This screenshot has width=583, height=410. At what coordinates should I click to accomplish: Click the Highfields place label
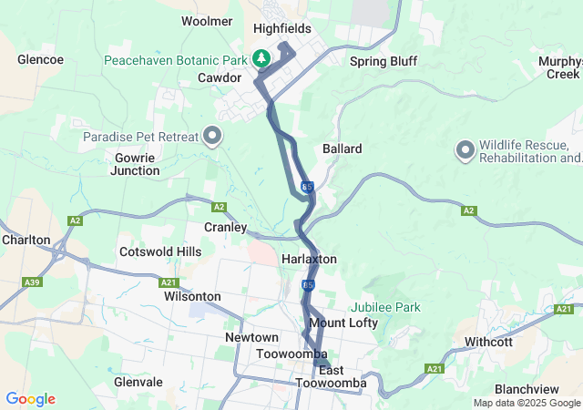[x=281, y=29]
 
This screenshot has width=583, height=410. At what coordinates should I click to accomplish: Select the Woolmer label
[x=208, y=20]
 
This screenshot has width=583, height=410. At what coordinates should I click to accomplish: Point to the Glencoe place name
[x=40, y=59]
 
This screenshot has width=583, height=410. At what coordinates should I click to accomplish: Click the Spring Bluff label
[x=384, y=61]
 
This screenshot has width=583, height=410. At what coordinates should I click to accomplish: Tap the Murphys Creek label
[x=559, y=67]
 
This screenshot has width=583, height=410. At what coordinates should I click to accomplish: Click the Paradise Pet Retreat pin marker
[x=213, y=136]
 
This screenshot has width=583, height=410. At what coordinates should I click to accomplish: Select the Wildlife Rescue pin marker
[x=465, y=149]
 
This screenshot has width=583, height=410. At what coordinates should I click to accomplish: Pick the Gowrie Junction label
[x=137, y=164]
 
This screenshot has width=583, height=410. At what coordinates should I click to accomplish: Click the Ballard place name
[x=342, y=149]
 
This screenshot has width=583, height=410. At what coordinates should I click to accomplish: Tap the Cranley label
[x=225, y=227]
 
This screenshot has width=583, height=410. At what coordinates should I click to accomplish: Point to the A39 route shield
[x=33, y=282]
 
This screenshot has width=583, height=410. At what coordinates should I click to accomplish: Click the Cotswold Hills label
[x=160, y=251]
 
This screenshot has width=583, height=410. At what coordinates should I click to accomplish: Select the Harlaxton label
[x=310, y=260]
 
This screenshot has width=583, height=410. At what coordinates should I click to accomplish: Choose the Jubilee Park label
[x=386, y=307]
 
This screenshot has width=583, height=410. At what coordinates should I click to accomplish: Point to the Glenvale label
[x=138, y=383]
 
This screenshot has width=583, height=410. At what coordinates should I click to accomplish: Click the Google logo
[x=30, y=399]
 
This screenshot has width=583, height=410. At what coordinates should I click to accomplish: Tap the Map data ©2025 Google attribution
[x=526, y=403]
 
